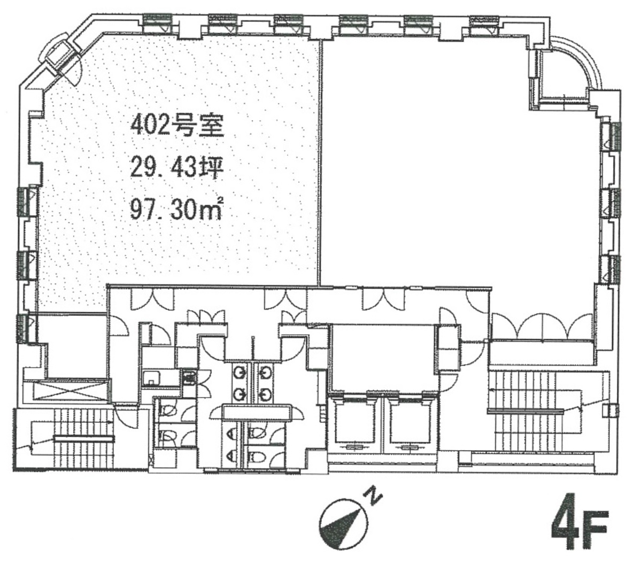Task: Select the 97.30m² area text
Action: [x=176, y=209]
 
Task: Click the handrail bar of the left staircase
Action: [x=84, y=439]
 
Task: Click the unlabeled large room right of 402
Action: [x=458, y=164]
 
